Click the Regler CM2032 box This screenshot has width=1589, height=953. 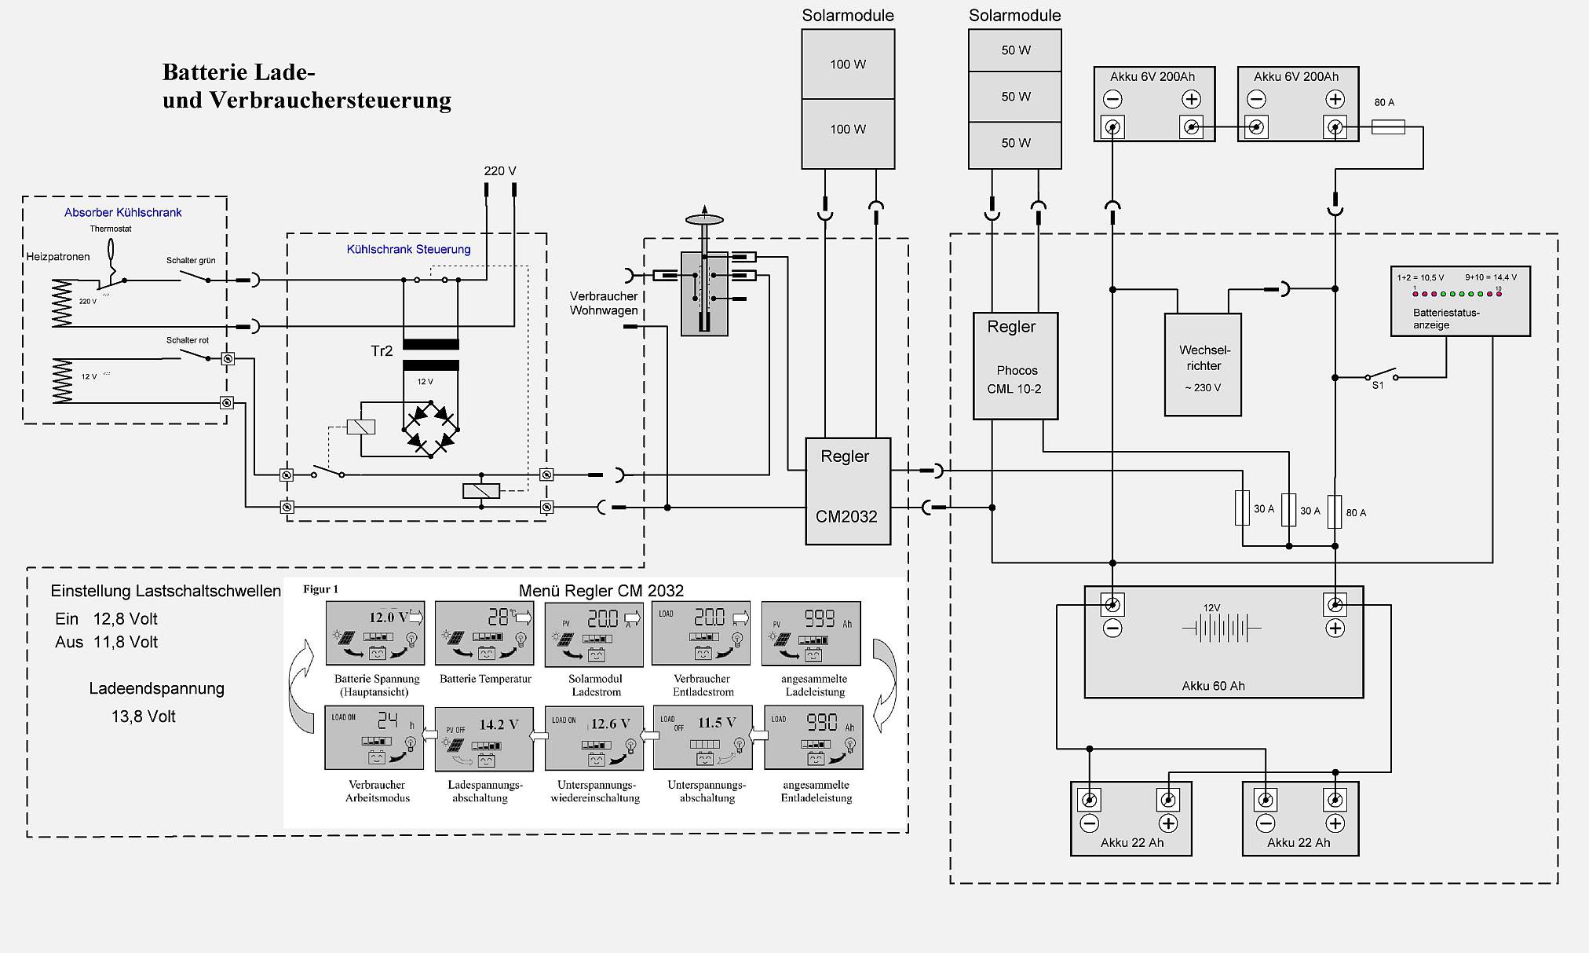tap(848, 490)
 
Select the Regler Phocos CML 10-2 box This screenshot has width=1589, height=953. tap(1015, 365)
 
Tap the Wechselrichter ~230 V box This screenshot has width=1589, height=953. tap(1203, 365)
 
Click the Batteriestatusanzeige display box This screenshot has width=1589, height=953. tap(1460, 302)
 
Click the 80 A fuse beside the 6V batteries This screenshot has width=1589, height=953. tap(1388, 126)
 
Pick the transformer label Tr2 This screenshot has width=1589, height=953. tap(382, 351)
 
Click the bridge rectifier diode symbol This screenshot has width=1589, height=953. tap(430, 429)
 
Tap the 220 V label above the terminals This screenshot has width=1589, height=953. tap(500, 171)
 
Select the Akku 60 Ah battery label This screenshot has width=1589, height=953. tap(1213, 686)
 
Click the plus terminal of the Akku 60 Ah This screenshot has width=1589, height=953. tap(1335, 605)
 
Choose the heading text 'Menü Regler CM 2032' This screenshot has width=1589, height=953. tap(601, 591)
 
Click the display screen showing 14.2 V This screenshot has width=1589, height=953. tap(484, 738)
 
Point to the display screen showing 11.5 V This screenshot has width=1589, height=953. tap(703, 738)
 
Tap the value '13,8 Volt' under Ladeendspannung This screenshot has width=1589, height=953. tap(144, 717)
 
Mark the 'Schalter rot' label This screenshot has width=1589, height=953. tap(188, 340)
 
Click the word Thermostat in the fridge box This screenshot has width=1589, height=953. tap(111, 229)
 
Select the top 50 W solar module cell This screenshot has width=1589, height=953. tap(1015, 50)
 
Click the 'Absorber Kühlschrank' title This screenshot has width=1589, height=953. tap(123, 213)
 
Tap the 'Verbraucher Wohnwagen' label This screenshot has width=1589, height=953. tap(604, 303)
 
